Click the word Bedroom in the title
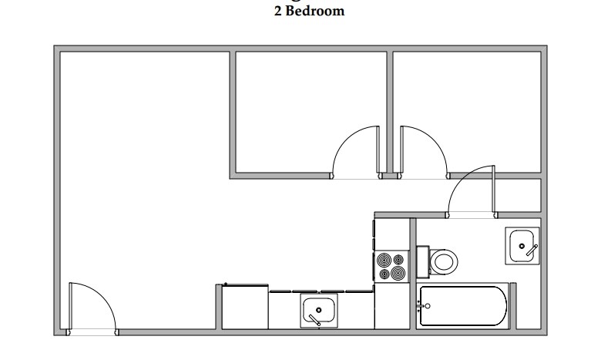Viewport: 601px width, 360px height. tap(315, 12)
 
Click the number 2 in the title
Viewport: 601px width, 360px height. tap(278, 12)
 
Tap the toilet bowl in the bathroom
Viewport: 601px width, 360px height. tap(444, 261)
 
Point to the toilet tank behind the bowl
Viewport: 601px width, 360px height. tap(422, 261)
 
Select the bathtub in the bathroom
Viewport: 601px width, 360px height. tap(462, 306)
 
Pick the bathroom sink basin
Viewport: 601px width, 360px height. tap(522, 245)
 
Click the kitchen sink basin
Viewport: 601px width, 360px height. tap(318, 311)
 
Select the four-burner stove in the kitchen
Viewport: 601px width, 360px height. tap(391, 267)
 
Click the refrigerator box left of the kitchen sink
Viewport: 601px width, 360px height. tap(245, 308)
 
